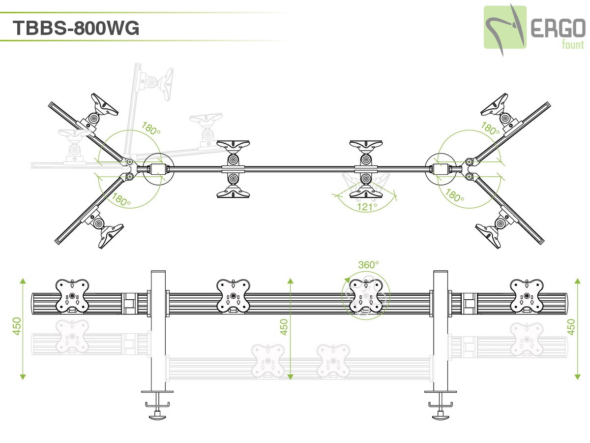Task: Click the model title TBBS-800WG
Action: pos(76,28)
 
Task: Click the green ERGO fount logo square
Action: pos(505,27)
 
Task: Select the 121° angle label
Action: pos(367,207)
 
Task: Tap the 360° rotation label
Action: pos(368,264)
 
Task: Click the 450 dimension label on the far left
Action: pos(17,326)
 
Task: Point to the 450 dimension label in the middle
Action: pos(284,326)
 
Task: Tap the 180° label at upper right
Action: pos(490,129)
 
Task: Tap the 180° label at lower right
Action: pos(455,195)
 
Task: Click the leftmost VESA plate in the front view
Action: pos(72,296)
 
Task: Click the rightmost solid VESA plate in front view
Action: pos(527,296)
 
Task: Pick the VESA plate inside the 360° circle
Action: pos(366,296)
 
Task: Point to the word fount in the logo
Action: pos(573,45)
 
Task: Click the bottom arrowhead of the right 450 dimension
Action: pos(578,377)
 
